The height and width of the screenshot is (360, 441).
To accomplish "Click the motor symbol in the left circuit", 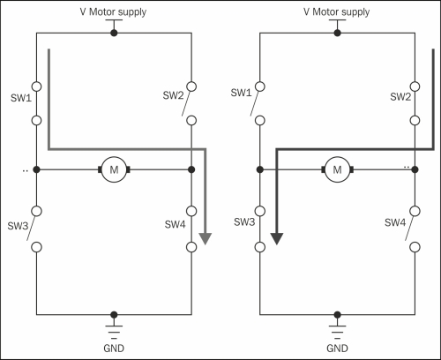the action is [x=114, y=169].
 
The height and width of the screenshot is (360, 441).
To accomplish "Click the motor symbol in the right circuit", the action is [x=338, y=169].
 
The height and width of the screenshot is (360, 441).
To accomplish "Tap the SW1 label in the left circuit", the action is [x=21, y=98].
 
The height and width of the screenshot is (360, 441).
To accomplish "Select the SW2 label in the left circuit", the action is [x=173, y=95].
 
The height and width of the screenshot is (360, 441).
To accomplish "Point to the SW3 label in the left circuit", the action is [x=18, y=226].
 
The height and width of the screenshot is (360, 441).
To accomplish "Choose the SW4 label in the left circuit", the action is [x=175, y=224].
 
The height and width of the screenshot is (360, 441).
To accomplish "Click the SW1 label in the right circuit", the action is [x=241, y=93].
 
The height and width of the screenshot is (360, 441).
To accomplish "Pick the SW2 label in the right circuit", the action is [x=400, y=96].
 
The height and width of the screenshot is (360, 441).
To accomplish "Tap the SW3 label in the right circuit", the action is [x=244, y=221].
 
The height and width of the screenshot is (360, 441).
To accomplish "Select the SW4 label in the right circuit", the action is [x=395, y=222].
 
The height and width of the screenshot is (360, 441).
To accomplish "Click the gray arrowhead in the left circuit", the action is [x=206, y=238].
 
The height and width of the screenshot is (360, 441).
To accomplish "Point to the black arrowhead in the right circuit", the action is [x=277, y=238].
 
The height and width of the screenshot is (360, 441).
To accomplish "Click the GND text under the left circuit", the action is [x=114, y=349].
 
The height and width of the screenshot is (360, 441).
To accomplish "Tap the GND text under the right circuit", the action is [x=337, y=349].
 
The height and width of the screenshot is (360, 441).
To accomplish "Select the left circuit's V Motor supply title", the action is [x=113, y=12].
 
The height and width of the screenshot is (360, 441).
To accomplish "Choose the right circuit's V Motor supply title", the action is [x=337, y=12].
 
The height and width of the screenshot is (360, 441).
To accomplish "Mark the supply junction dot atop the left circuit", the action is [x=114, y=33].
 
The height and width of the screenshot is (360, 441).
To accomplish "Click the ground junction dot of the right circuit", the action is [x=338, y=315].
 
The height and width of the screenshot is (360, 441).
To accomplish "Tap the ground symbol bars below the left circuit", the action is [x=114, y=333].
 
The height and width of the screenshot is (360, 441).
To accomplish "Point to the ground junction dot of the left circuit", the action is [x=114, y=315].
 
